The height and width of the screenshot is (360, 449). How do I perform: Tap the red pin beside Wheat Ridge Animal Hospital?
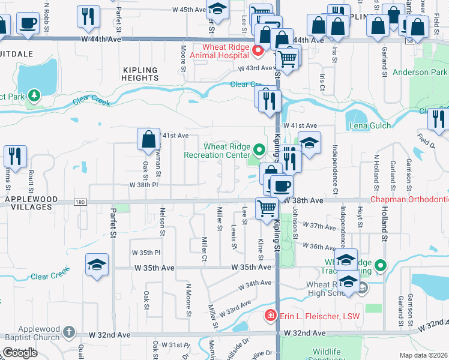pyautogui.click(x=259, y=51)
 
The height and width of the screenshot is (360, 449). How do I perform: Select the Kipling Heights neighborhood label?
pyautogui.click(x=140, y=74)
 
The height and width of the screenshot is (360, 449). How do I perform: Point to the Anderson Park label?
pyautogui.click(x=420, y=73)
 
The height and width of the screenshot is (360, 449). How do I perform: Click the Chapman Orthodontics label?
pyautogui.click(x=409, y=199)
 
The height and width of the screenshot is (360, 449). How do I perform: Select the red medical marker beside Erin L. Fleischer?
pyautogui.click(x=271, y=316)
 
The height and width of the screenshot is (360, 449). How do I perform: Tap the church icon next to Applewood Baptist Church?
pyautogui.click(x=70, y=331)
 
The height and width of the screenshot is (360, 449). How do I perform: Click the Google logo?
pyautogui.click(x=20, y=353)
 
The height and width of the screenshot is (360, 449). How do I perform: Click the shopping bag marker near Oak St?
pyautogui.click(x=148, y=140)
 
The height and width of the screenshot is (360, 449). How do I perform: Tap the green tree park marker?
pyautogui.click(x=35, y=94)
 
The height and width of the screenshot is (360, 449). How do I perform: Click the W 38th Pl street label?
pyautogui.click(x=143, y=185)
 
